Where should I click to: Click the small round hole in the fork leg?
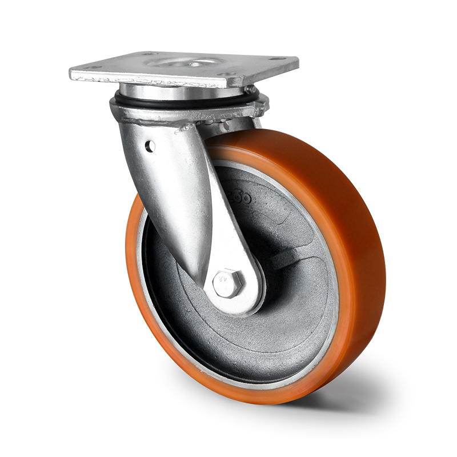coord(150,147)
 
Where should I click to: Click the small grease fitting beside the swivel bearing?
coord(250,90)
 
